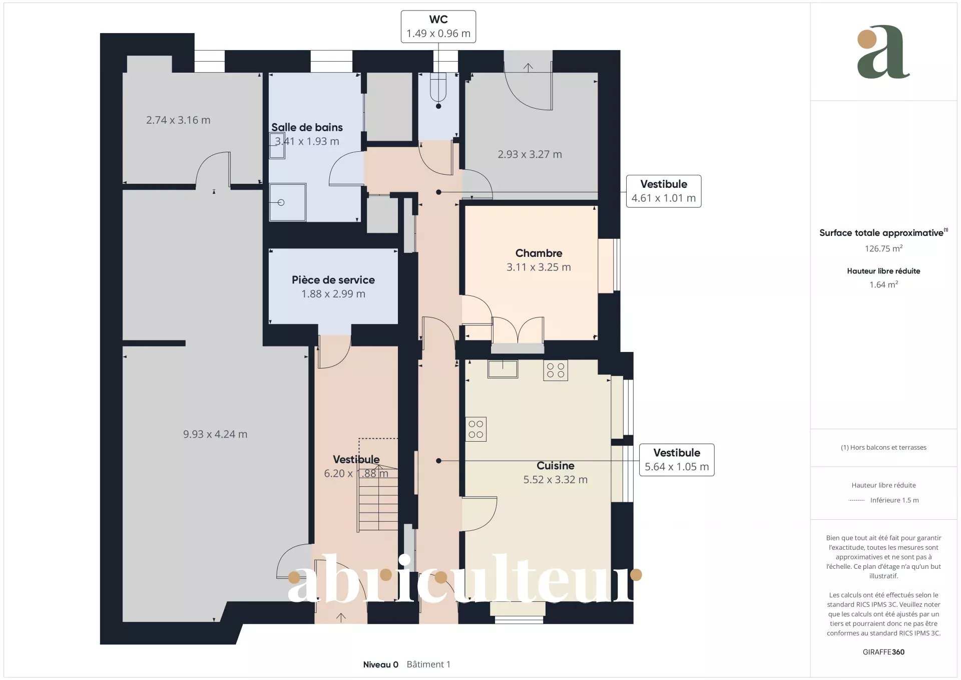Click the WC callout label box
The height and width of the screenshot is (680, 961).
tap(438, 27)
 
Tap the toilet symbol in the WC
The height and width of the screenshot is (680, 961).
tap(438, 87)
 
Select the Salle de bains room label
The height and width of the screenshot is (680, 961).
tap(307, 127)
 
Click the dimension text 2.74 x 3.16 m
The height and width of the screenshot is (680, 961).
tap(178, 120)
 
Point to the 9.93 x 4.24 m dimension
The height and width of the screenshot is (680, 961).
tap(215, 434)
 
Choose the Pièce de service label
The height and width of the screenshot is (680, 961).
tap(333, 280)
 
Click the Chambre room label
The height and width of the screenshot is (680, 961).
tap(539, 253)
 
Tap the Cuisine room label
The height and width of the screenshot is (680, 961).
tap(556, 466)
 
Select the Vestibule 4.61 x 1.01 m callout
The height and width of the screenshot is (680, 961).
tap(664, 191)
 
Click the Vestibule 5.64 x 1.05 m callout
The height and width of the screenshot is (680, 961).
tap(677, 460)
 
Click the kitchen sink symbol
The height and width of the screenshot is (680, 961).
tap(503, 369)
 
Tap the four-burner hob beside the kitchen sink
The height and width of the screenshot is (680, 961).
tap(556, 371)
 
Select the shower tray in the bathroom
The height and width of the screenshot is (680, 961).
tap(287, 202)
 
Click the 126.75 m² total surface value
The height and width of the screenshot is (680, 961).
tap(883, 248)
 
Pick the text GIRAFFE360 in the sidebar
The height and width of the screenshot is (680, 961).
tap(883, 652)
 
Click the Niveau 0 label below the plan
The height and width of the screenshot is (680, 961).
tap(380, 664)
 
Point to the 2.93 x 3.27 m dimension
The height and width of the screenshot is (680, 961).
tap(530, 154)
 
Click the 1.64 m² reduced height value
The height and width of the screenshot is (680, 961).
tap(883, 284)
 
